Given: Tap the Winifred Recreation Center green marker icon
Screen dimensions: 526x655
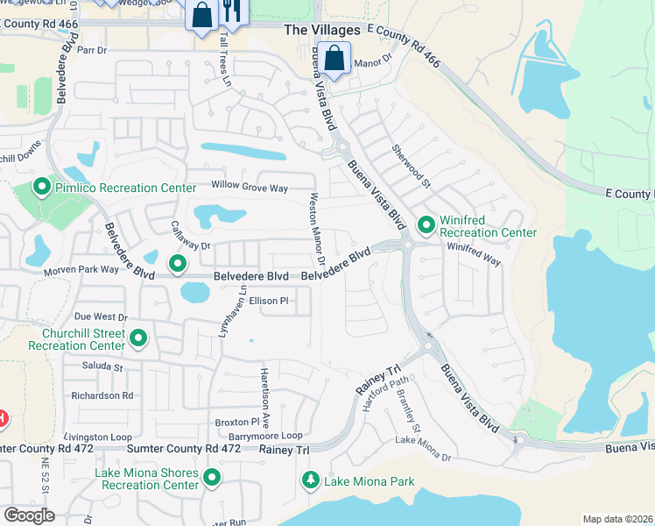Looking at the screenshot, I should point(426,225).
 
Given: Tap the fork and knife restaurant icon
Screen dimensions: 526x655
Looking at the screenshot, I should point(231,11).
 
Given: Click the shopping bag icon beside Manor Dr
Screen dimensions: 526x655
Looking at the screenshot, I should point(334,59).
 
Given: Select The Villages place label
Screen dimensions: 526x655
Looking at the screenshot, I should point(322,30).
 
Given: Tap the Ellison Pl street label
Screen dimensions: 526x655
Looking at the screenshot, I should point(268,301).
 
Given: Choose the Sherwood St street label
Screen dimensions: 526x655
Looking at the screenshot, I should point(411,167).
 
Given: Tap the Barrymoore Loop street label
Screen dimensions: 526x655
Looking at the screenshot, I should point(265,436).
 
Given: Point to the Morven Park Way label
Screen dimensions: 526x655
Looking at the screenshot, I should point(81,270).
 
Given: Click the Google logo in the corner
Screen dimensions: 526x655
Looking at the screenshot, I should point(28,515).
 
